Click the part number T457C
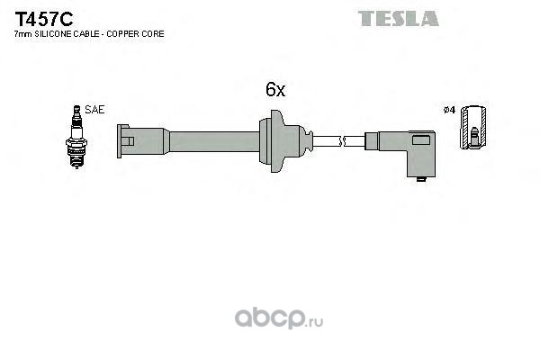[44, 19]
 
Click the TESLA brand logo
[399, 19]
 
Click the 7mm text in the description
[23, 34]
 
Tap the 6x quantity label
[275, 90]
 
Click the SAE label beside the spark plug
[94, 110]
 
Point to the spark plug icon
[76, 137]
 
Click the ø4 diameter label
[449, 110]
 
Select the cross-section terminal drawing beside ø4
[473, 126]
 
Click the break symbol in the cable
[342, 141]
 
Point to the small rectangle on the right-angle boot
[421, 139]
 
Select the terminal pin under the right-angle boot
[421, 179]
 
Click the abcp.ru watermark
[279, 318]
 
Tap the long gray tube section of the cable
[214, 141]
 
